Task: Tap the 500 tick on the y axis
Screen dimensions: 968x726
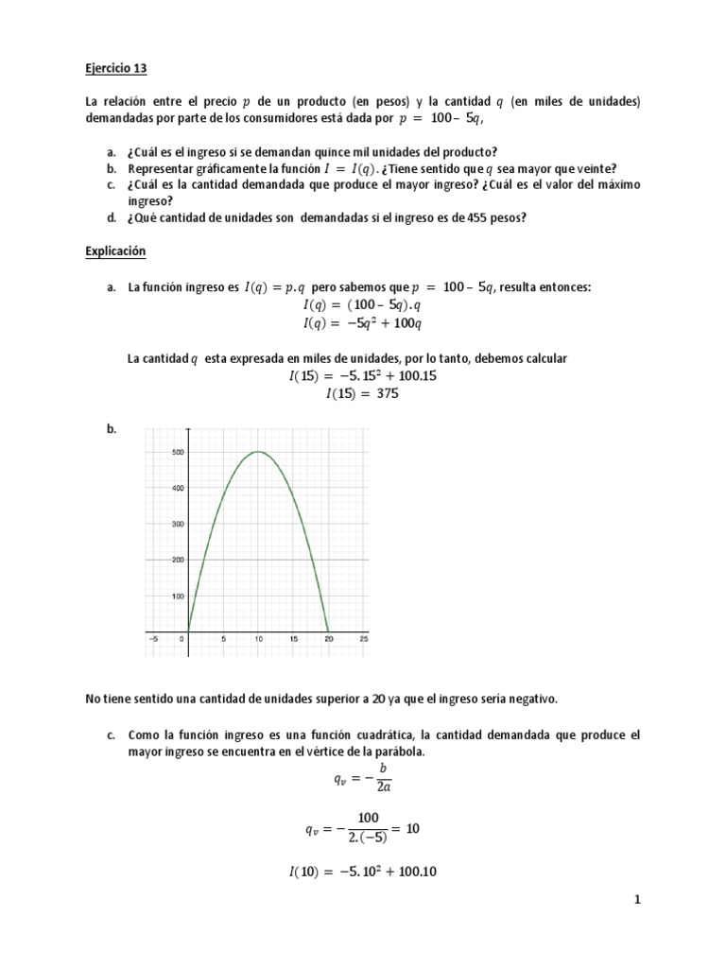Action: tap(177, 452)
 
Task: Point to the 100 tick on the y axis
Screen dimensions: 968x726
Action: tap(177, 596)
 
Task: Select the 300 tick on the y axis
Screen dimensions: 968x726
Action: tap(177, 524)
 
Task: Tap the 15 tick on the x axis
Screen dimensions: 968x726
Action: tap(293, 639)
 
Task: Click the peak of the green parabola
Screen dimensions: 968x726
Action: tap(258, 452)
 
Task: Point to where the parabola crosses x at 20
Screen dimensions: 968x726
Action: tap(328, 631)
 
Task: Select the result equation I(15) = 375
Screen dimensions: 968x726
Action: tap(362, 394)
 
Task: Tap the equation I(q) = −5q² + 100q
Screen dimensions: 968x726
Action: tap(362, 322)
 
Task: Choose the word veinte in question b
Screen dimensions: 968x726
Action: tap(594, 168)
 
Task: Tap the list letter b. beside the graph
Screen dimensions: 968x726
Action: tap(112, 429)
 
